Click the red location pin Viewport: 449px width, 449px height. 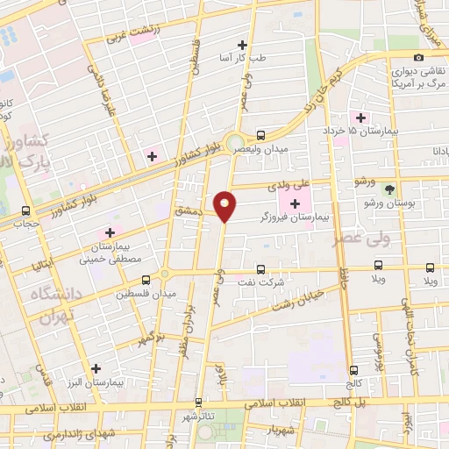click(226, 205)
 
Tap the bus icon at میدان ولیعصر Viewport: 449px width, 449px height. click(260, 136)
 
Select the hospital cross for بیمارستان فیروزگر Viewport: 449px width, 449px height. click(294, 205)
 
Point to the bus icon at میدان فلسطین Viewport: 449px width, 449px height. click(167, 278)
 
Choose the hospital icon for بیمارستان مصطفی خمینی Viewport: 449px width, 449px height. click(110, 232)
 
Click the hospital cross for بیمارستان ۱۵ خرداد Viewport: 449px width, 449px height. click(360, 118)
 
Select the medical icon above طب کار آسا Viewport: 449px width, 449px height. click(243, 45)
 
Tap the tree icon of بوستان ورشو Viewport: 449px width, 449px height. click(389, 189)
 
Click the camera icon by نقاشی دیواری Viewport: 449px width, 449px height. click(419, 58)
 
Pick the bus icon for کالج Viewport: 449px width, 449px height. click(354, 369)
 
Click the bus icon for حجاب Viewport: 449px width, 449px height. click(25, 210)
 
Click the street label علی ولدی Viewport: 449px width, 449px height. click(313, 185)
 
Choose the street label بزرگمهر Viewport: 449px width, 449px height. click(146, 339)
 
